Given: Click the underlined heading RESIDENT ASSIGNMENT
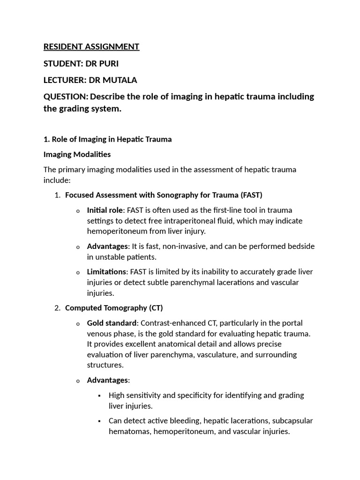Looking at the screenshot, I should [91, 46].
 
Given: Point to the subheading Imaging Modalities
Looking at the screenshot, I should [77, 154].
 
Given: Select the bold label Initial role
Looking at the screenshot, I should [105, 210].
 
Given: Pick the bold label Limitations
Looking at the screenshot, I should [106, 272].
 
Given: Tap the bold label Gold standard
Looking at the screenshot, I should [112, 323].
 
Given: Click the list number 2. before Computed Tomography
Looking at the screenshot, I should [58, 308].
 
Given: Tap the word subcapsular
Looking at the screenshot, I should [291, 420].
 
